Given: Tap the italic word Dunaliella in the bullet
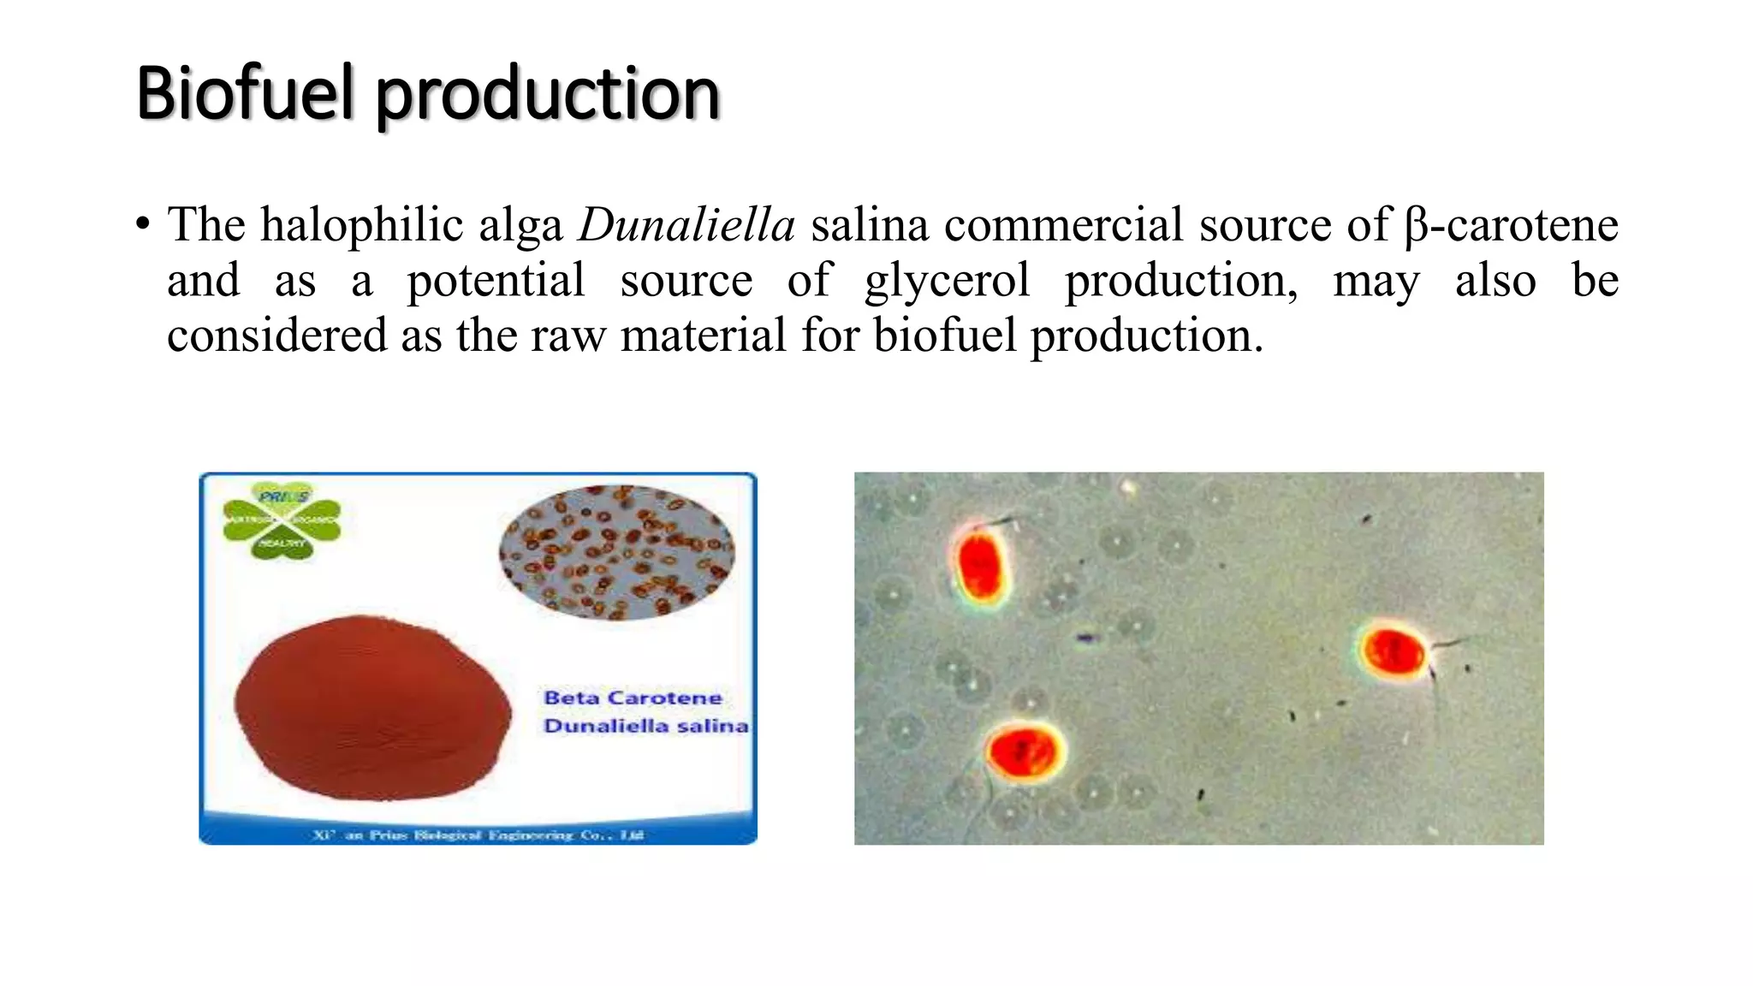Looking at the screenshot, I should [x=686, y=225].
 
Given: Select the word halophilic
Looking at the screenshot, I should [x=411, y=225].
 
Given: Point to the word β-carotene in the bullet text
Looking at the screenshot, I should [x=1511, y=225].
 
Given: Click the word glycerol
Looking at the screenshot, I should [x=947, y=281].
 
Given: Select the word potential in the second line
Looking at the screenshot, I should [x=496, y=281].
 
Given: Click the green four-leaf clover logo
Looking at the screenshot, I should [x=282, y=521].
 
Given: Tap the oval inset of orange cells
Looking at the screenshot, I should [x=616, y=552].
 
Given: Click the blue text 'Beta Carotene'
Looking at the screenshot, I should [x=633, y=698].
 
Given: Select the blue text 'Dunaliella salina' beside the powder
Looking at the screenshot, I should [x=645, y=726].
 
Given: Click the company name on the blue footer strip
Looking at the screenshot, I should [x=478, y=835].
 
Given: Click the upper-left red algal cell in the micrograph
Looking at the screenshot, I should [x=980, y=565].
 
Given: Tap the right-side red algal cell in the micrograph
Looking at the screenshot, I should [x=1393, y=651].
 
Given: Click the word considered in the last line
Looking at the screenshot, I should [x=276, y=335].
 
